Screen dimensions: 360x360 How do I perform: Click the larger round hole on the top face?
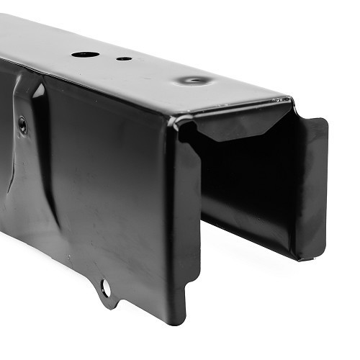[x=85, y=55]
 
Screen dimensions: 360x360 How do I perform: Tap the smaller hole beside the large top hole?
[x=124, y=58]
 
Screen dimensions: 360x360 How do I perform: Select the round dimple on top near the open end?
[x=195, y=80]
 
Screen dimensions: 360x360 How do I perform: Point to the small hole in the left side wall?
[x=22, y=124]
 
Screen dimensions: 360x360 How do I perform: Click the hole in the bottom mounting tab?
[x=106, y=288]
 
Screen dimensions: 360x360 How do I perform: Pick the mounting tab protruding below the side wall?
[x=108, y=292]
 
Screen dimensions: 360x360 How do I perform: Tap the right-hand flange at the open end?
[x=312, y=187]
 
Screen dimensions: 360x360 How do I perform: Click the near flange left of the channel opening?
[x=185, y=216]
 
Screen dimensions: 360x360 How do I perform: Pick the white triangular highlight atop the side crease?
[x=38, y=89]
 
